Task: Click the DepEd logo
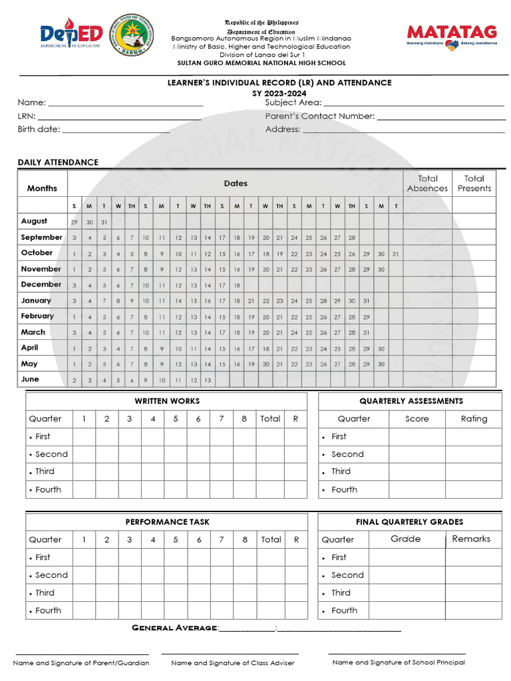point(71,35)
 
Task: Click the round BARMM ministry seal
point(130,35)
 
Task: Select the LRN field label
point(27,116)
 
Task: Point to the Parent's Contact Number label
point(320,116)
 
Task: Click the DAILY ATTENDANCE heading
point(58,162)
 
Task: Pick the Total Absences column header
point(427,184)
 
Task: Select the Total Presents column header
point(474,184)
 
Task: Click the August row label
point(34,221)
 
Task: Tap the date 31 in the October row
point(395,253)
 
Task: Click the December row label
point(41,285)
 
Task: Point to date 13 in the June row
point(208,380)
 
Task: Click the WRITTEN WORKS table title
point(167,401)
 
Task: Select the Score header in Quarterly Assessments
point(417,419)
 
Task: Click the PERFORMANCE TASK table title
point(167,522)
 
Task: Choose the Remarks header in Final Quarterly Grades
point(471,539)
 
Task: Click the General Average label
point(174,628)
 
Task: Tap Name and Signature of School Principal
point(399,662)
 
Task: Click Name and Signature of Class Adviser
point(232,663)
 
